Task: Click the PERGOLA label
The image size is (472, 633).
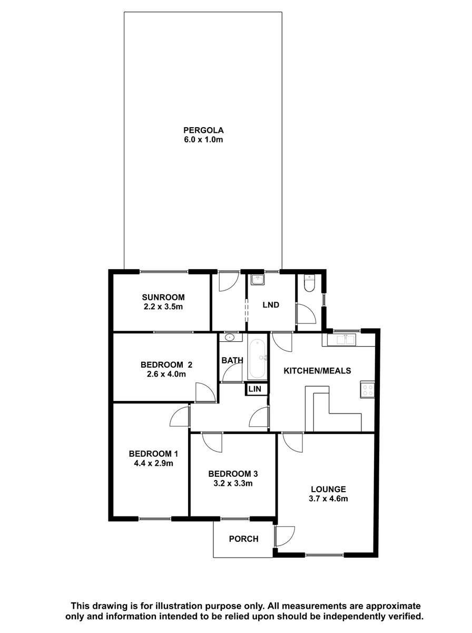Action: pos(203,130)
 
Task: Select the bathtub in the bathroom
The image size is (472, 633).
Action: pos(257,358)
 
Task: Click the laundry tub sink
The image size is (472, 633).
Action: pos(257,280)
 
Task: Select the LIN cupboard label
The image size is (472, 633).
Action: pos(254,389)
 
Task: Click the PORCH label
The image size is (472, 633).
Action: pos(243,539)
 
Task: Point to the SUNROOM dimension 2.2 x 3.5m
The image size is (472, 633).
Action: pos(163,306)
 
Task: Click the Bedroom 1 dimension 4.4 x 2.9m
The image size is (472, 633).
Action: pos(153,463)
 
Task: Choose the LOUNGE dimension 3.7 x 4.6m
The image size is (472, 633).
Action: pos(328,498)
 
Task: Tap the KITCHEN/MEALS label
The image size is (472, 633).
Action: pos(317,371)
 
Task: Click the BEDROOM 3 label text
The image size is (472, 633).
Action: pos(233,474)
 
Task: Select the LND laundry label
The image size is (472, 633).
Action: pos(271,304)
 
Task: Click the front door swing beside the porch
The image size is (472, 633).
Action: pos(285,535)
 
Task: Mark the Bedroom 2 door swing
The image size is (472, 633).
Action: pos(205,392)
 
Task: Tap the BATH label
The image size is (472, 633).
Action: pos(232,360)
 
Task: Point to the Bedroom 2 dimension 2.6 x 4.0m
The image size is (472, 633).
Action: pos(166,374)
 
